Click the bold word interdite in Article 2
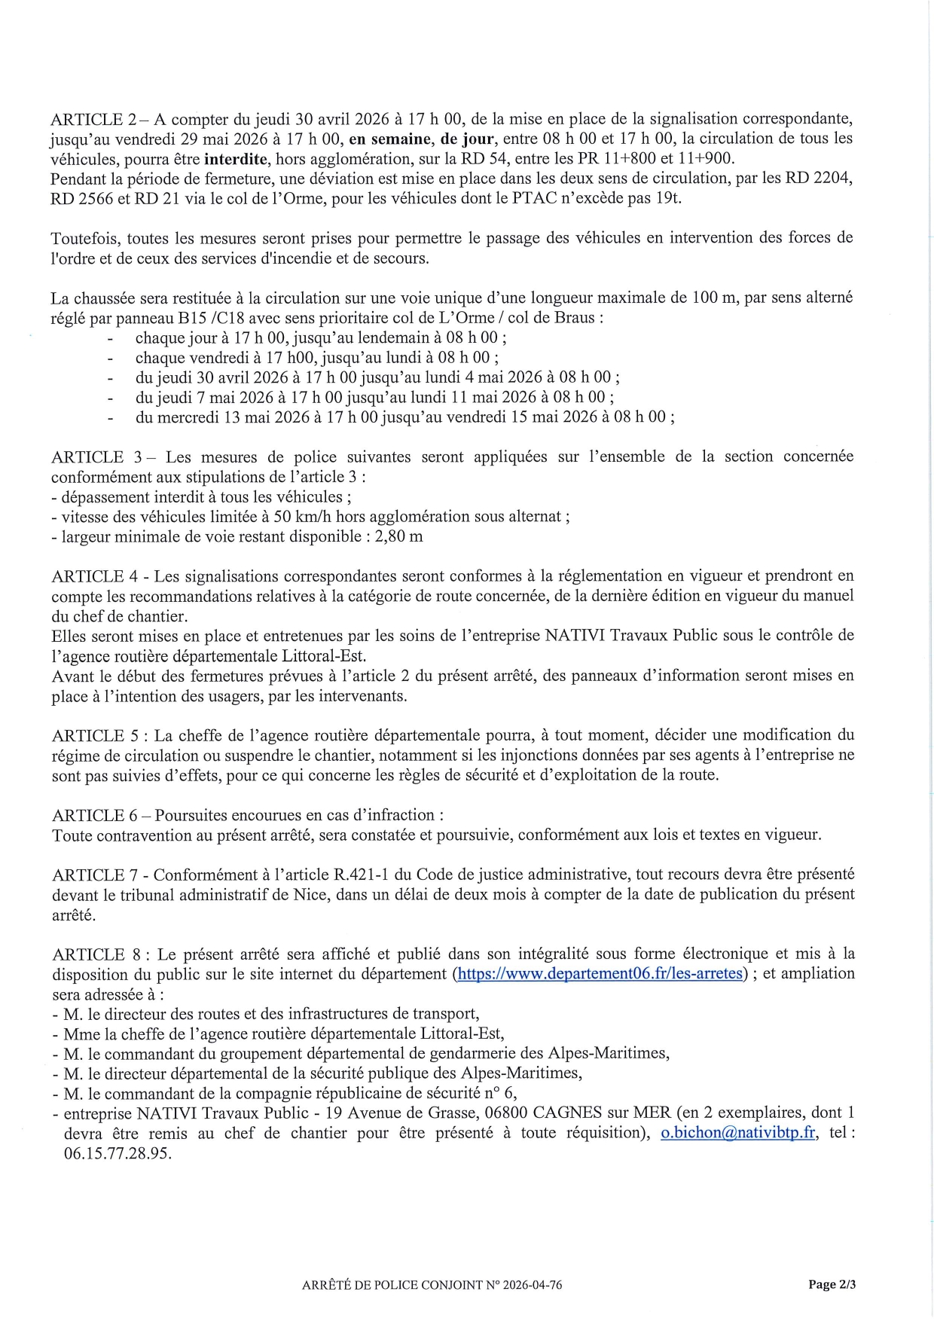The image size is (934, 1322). point(236,159)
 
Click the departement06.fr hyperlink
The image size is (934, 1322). point(600,973)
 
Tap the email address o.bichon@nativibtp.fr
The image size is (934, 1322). point(738,1133)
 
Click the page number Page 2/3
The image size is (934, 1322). point(832,1285)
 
